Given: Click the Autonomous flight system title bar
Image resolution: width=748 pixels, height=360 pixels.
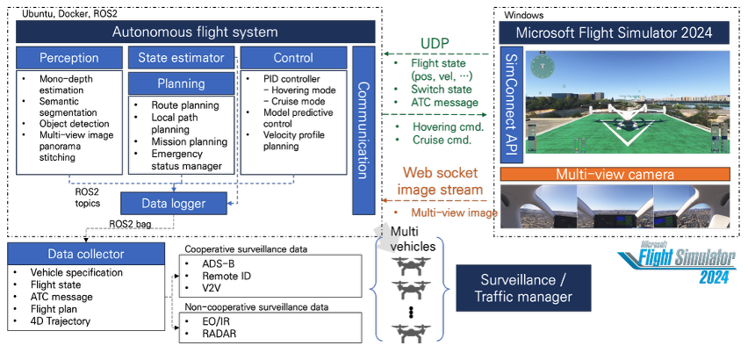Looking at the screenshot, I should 194,32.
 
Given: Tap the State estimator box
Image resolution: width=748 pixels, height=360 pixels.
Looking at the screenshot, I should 182,59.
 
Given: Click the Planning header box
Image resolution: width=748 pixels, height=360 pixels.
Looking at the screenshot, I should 182,84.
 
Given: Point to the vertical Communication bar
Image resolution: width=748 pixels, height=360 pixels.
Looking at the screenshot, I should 363,130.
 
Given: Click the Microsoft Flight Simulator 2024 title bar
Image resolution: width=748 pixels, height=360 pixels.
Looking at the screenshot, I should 614,32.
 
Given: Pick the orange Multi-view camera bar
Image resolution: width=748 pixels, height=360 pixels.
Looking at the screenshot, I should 614,175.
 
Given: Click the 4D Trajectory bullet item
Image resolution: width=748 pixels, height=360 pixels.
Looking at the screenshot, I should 62,321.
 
